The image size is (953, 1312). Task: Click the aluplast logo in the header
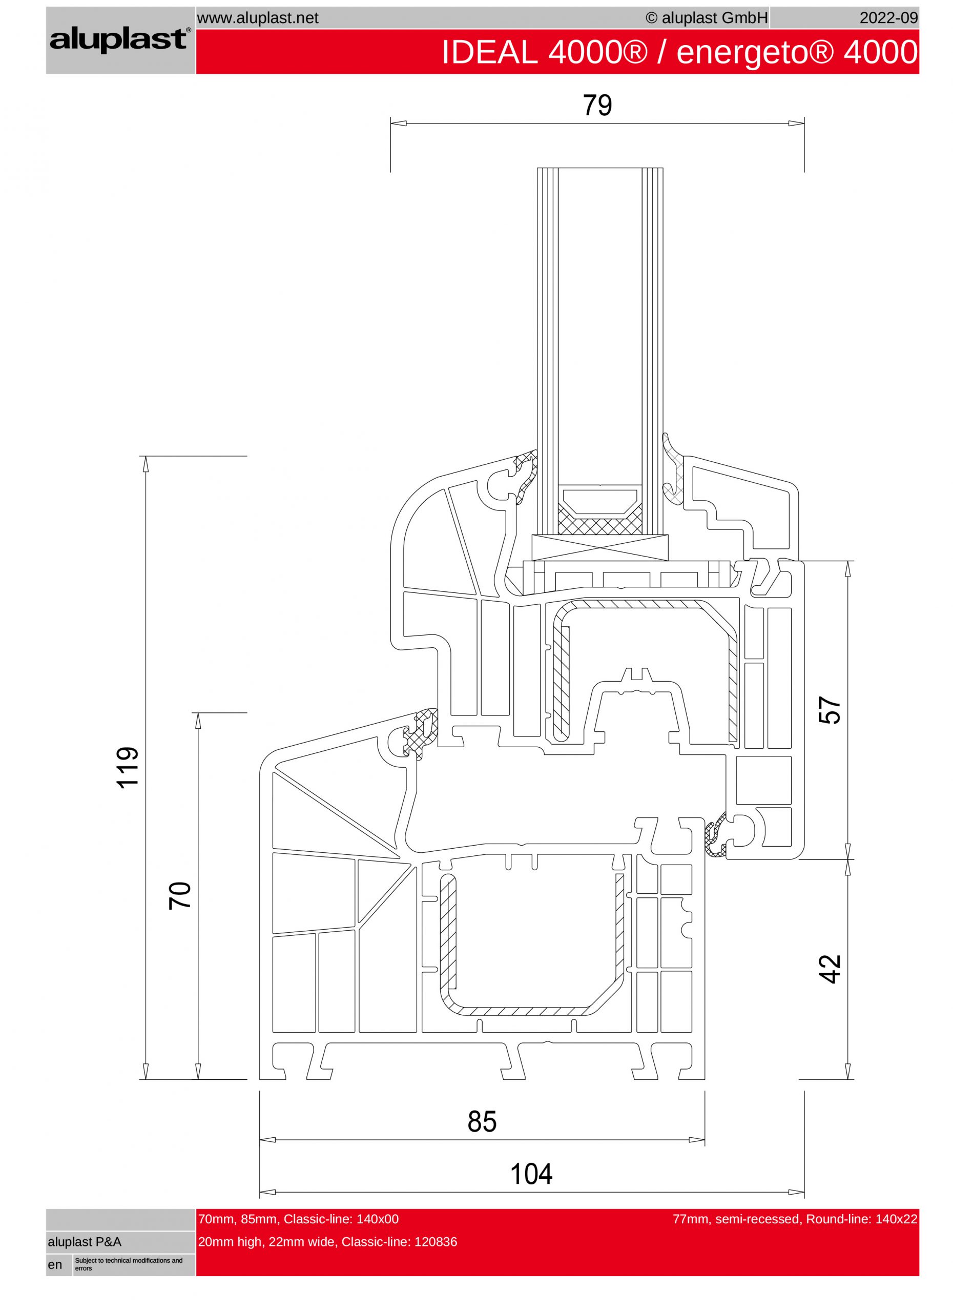point(120,40)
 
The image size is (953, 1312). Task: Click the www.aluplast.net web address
point(257,18)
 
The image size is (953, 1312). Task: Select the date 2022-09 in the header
point(889,18)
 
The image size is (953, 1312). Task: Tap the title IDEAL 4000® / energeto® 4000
point(679,52)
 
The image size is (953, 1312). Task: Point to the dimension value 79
point(597,105)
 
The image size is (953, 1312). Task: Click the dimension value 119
point(128,767)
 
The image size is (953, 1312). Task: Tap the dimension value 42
point(830,969)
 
